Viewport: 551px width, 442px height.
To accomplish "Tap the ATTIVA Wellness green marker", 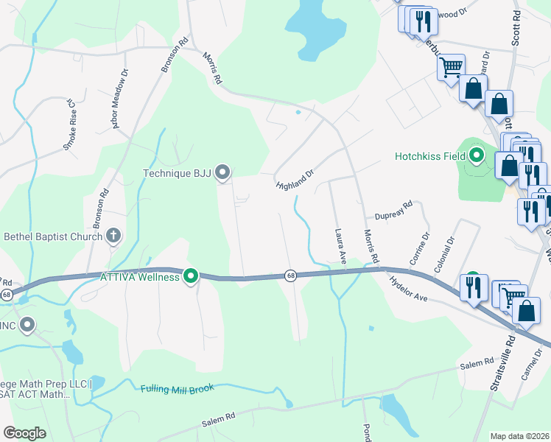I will [191, 277].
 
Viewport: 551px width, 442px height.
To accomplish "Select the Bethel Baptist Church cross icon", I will [113, 236].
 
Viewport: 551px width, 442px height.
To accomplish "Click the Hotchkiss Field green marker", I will [477, 155].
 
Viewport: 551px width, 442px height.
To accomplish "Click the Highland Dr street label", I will [295, 178].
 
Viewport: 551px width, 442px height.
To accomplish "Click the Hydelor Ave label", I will [409, 288].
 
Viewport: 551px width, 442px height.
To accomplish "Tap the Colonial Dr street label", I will [446, 254].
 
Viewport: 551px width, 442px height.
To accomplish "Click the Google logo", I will [24, 433].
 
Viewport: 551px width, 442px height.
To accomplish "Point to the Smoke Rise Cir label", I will [69, 125].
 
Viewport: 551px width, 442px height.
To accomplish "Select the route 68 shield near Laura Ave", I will [291, 275].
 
